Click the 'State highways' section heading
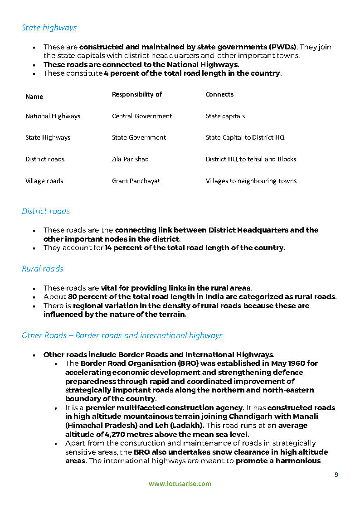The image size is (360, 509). [49, 28]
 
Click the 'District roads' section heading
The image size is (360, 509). [46, 211]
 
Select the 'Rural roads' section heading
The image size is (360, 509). [42, 269]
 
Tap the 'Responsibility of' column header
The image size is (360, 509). [137, 94]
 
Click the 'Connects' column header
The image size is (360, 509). [219, 94]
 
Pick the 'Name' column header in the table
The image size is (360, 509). [34, 97]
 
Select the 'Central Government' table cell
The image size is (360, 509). [142, 116]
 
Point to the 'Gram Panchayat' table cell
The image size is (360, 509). [136, 181]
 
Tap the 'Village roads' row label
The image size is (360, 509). [44, 181]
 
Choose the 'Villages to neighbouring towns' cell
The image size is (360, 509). [251, 181]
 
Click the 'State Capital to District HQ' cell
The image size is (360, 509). [245, 137]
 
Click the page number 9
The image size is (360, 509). [336, 475]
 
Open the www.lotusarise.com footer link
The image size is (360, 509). [180, 484]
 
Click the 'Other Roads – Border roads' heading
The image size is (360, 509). [122, 335]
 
